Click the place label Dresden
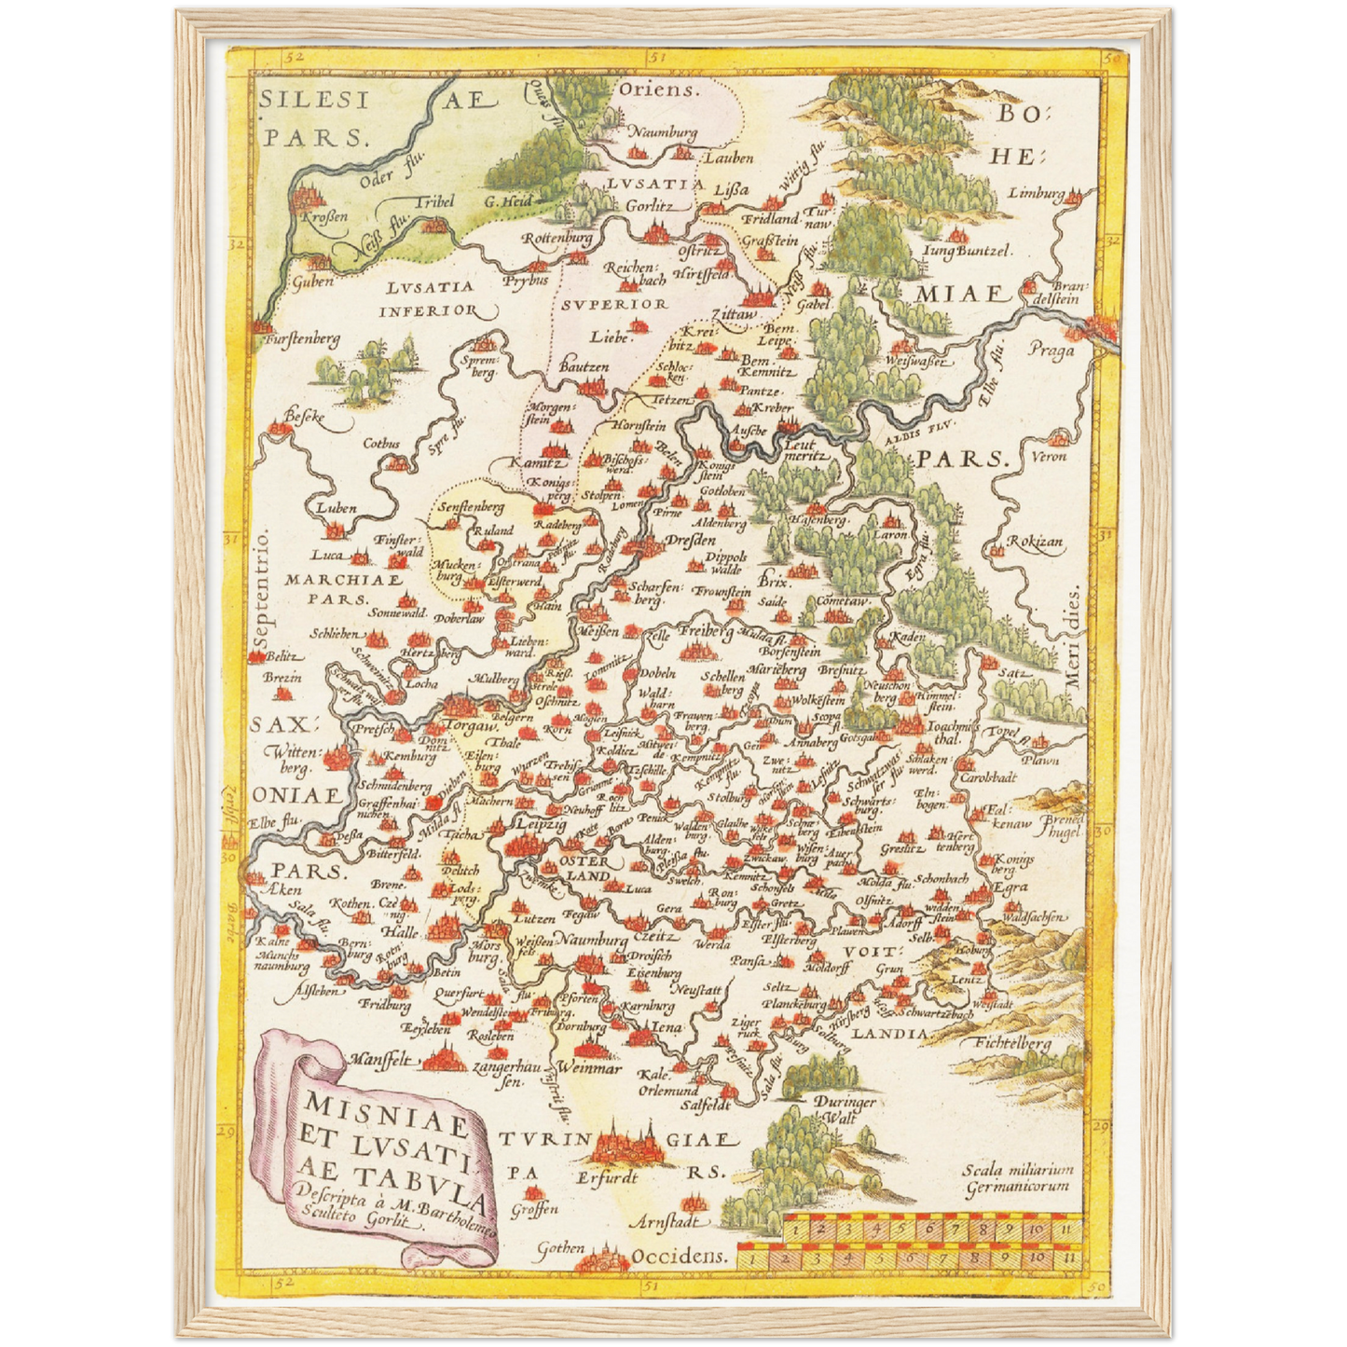coord(690,541)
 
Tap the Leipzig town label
coord(541,825)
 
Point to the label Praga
coord(1051,350)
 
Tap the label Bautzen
coord(584,368)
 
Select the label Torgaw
coord(471,725)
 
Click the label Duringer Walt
coord(845,1108)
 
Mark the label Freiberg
coord(705,633)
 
